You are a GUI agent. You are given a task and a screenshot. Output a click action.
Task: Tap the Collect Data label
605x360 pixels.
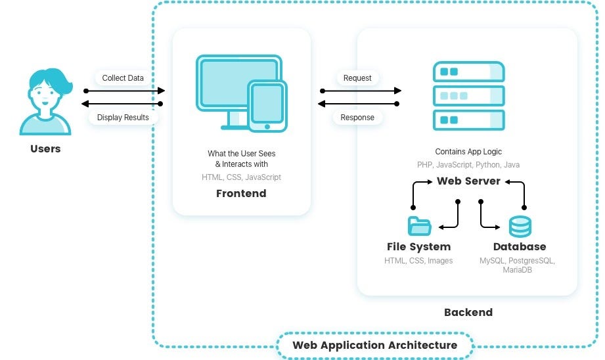pyautogui.click(x=123, y=78)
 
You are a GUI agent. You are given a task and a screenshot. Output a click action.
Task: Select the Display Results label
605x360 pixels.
pyautogui.click(x=123, y=118)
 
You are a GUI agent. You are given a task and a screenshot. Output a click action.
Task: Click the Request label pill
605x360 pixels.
pyautogui.click(x=357, y=78)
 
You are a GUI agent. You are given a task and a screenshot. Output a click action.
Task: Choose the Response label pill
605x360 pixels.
pyautogui.click(x=357, y=118)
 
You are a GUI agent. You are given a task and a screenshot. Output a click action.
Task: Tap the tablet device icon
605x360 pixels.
pyautogui.click(x=267, y=105)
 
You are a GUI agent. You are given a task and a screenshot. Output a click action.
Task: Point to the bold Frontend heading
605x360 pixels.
pyautogui.click(x=241, y=193)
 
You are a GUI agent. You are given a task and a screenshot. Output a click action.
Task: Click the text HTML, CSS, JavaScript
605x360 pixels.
pyautogui.click(x=241, y=177)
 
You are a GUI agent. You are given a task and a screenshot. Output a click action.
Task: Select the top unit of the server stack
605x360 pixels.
pyautogui.click(x=468, y=72)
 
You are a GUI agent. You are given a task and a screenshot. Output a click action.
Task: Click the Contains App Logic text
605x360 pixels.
pyautogui.click(x=468, y=152)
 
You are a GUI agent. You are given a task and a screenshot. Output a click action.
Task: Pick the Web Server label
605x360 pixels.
pyautogui.click(x=468, y=181)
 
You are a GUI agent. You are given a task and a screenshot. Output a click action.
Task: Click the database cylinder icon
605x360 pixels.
pyautogui.click(x=520, y=227)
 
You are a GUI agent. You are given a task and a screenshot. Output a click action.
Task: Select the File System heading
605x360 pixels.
pyautogui.click(x=419, y=247)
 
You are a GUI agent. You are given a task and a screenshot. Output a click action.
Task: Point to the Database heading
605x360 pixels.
pyautogui.click(x=520, y=247)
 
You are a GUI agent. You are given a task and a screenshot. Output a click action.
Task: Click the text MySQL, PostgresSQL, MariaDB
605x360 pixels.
pyautogui.click(x=518, y=265)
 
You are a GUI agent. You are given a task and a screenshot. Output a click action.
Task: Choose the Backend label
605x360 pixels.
pyautogui.click(x=468, y=312)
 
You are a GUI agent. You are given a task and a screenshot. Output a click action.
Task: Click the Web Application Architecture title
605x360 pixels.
pyautogui.click(x=374, y=345)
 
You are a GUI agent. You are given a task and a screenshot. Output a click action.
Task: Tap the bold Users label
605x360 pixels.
pyautogui.click(x=45, y=148)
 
